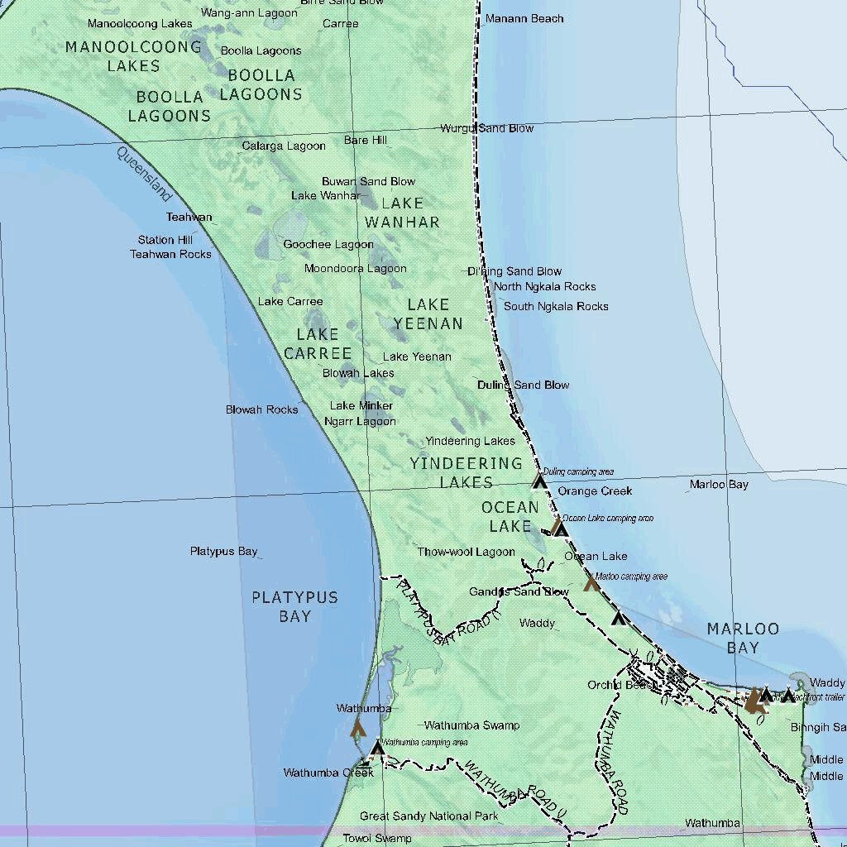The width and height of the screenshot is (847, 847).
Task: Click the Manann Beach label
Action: click(x=524, y=18)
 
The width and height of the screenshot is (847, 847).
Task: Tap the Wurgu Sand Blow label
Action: click(x=487, y=128)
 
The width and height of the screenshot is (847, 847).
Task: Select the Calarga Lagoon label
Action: click(x=284, y=146)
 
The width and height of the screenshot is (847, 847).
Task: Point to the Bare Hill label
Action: click(x=366, y=141)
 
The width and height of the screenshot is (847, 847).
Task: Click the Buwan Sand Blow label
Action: click(x=369, y=181)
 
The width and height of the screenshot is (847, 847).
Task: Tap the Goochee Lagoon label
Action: click(x=328, y=245)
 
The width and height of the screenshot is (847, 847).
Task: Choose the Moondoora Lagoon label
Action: click(x=356, y=268)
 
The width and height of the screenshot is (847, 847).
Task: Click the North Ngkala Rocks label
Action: click(x=545, y=287)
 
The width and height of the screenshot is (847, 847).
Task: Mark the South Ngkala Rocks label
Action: click(x=556, y=306)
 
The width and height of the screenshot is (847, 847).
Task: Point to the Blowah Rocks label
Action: click(x=262, y=409)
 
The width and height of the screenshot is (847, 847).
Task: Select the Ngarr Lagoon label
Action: click(x=360, y=421)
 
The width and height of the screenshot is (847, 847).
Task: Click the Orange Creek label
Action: click(x=595, y=491)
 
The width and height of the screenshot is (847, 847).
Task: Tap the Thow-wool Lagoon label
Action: click(x=466, y=552)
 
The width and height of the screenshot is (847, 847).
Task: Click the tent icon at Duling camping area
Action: click(x=540, y=481)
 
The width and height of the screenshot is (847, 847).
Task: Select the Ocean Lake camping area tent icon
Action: click(x=561, y=529)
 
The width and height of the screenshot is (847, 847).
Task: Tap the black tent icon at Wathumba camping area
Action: click(x=377, y=749)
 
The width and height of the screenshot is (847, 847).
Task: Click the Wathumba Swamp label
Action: click(x=471, y=725)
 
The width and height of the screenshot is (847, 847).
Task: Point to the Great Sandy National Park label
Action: click(x=428, y=816)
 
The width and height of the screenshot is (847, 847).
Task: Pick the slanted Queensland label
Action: click(x=145, y=174)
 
